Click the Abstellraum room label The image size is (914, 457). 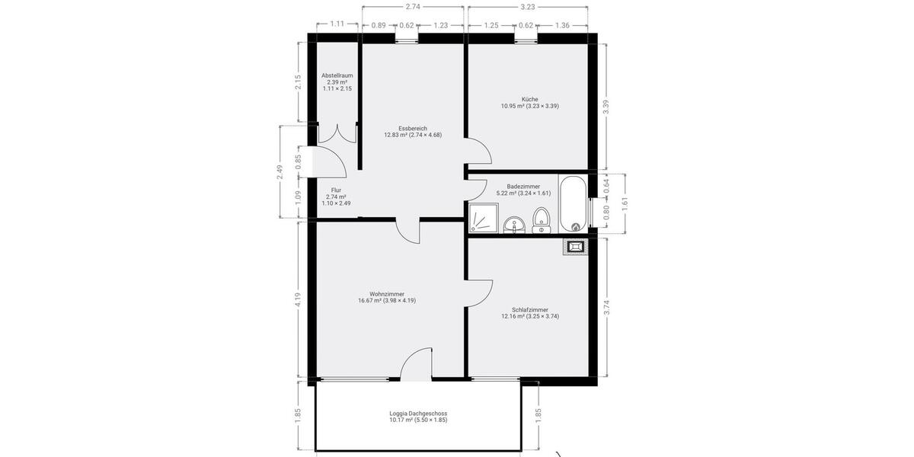(x=337, y=75)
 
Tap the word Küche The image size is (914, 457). (x=530, y=99)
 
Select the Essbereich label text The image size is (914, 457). (x=412, y=128)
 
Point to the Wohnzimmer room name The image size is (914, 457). (x=386, y=293)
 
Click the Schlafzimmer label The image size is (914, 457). (x=530, y=309)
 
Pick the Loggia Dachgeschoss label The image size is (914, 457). (x=418, y=413)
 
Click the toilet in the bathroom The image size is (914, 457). (x=542, y=218)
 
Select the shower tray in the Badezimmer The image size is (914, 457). (x=483, y=218)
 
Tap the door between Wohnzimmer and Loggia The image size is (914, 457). (x=415, y=366)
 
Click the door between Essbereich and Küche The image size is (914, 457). (x=479, y=152)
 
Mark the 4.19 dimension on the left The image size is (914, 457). (x=299, y=299)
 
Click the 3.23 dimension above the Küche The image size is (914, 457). (x=527, y=7)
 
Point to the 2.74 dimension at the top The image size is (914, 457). (x=413, y=7)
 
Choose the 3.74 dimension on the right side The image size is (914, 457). (x=606, y=307)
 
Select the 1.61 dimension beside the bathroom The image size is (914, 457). (x=625, y=203)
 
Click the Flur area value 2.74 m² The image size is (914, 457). (x=336, y=197)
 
